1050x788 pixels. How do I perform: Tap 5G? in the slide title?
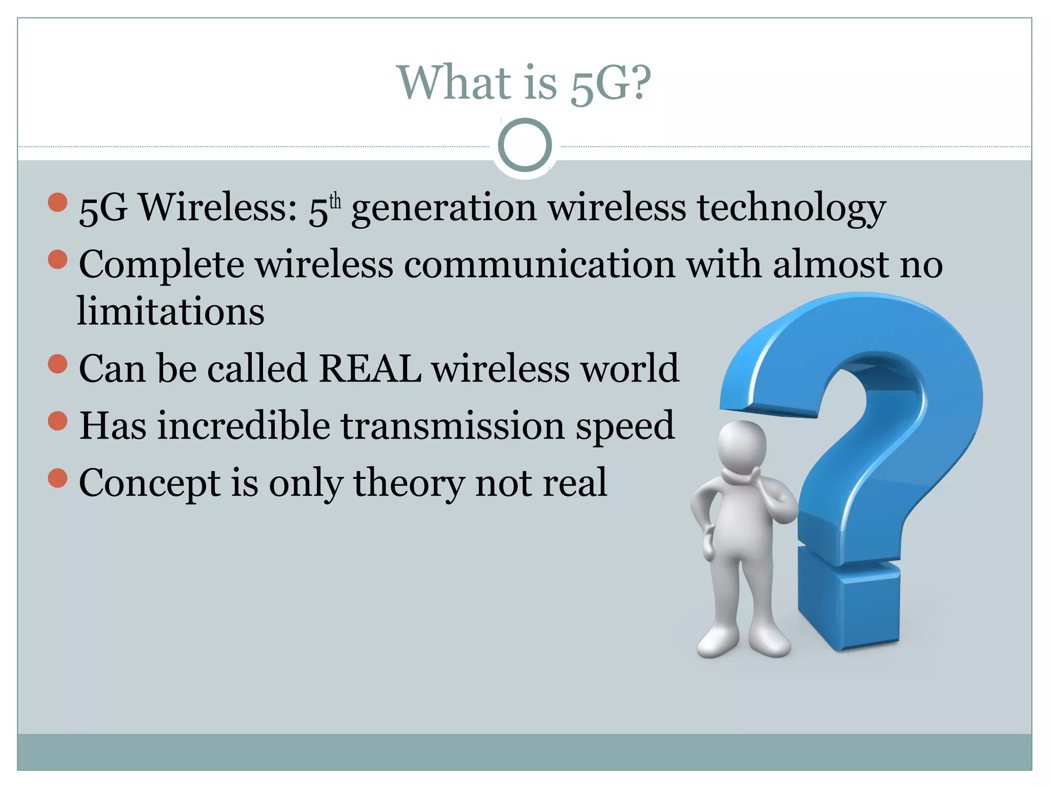click(x=611, y=83)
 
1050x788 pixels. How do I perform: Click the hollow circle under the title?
click(x=524, y=145)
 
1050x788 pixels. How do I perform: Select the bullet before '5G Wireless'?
click(x=57, y=202)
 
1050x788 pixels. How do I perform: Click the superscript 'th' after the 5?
click(x=335, y=201)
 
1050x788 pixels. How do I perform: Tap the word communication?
click(x=539, y=265)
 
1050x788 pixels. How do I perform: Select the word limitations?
click(x=171, y=311)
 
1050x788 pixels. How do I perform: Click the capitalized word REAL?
click(x=370, y=368)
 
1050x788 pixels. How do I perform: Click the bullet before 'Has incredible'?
click(x=57, y=421)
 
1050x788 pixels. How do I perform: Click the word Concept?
click(x=150, y=483)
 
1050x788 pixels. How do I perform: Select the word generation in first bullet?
click(x=444, y=209)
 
